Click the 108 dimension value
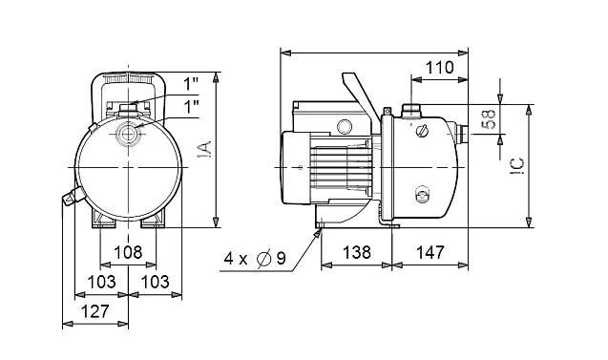tap(128, 252)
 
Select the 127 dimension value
tap(95, 311)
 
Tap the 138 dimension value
tap(357, 252)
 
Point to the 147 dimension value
tap(430, 252)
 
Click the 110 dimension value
tap(440, 68)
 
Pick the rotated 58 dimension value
tap(490, 120)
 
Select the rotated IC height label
tap(517, 166)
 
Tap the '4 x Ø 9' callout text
tap(255, 259)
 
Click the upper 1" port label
tap(191, 84)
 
